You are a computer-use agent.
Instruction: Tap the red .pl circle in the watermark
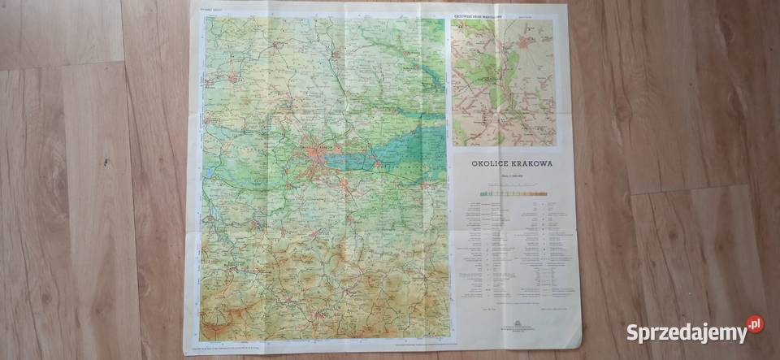(755, 324)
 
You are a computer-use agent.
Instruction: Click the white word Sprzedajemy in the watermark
(685, 332)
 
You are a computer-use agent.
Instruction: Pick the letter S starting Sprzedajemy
(631, 332)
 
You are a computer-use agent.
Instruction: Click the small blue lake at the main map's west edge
(209, 172)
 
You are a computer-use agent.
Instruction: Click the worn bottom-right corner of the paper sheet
(578, 346)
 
